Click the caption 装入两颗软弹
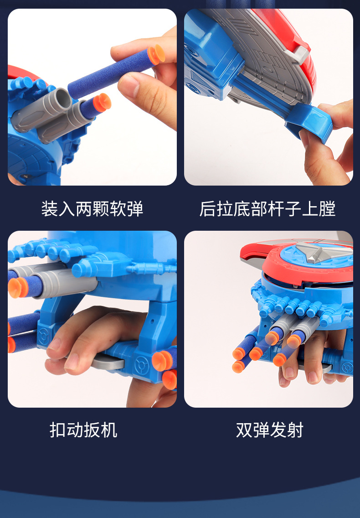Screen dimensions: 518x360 coord(92,209)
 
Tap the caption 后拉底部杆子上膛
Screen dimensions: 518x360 coord(267,209)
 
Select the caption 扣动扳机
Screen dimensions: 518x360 coord(83,430)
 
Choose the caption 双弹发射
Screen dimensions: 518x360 coord(270,430)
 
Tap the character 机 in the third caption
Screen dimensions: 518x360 coord(109,430)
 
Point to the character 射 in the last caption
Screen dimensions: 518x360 coord(295,430)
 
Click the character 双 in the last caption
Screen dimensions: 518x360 coord(244,430)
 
